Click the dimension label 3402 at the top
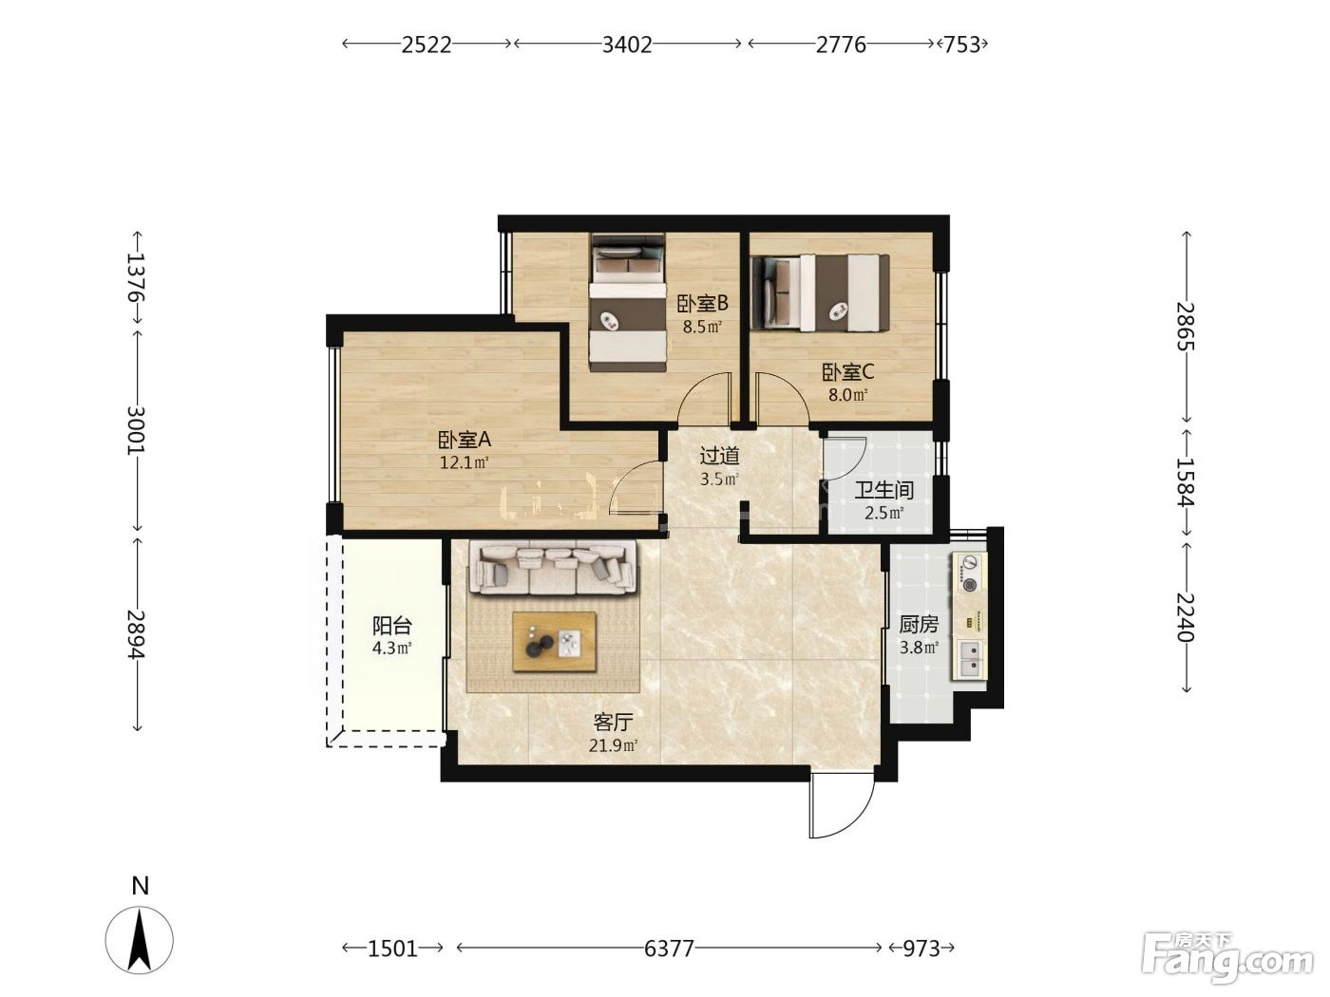[x=627, y=45]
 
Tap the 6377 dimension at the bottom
[x=669, y=948]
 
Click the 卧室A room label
[x=465, y=440]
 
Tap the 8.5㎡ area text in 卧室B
[x=702, y=328]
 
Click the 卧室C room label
[x=848, y=371]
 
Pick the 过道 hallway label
[x=720, y=456]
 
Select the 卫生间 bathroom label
[x=884, y=490]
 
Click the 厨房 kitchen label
[x=919, y=625]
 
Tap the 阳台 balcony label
[x=392, y=626]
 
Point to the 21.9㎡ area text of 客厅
[x=613, y=745]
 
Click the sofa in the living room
[x=553, y=568]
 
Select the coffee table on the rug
[x=555, y=642]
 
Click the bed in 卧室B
[x=628, y=303]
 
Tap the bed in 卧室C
[x=820, y=293]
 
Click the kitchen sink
[x=971, y=659]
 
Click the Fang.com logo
[x=1227, y=958]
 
